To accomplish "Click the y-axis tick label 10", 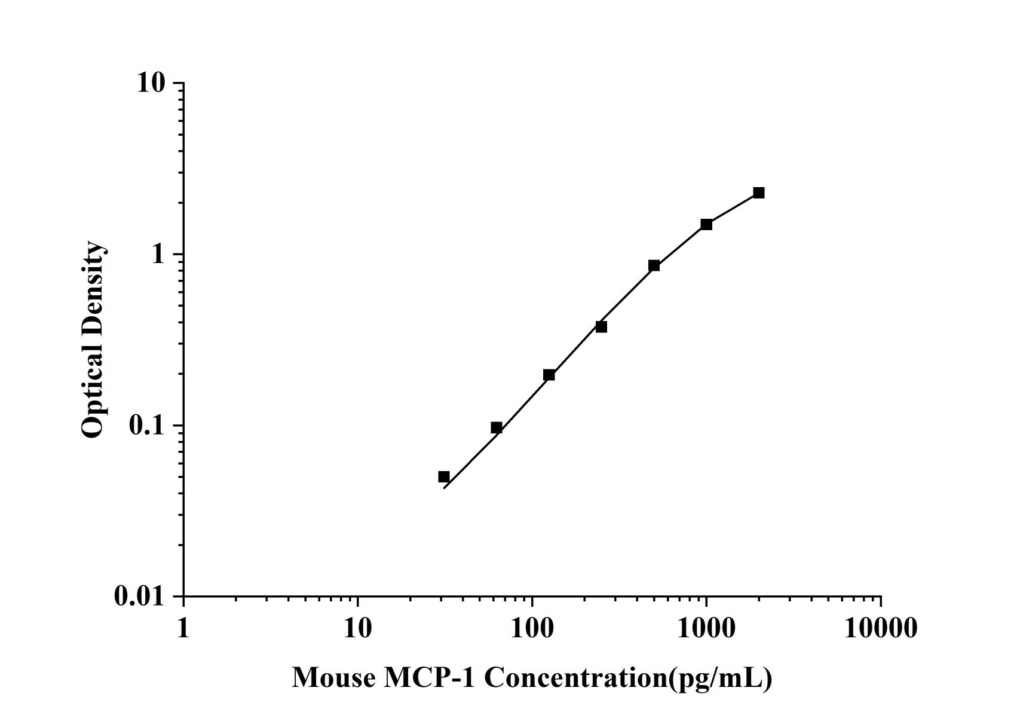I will tap(150, 83).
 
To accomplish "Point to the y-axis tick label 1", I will tap(158, 255).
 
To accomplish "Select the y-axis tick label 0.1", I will tap(146, 426).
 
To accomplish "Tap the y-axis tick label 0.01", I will tap(139, 597).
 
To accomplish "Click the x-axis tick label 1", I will tap(183, 628).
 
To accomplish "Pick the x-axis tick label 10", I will tap(357, 628).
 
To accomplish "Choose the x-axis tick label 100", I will tap(532, 628).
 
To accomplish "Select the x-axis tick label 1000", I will tap(706, 628).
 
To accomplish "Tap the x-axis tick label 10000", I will tap(880, 628).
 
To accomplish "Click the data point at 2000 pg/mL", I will tap(759, 192).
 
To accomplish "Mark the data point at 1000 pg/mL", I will tap(706, 224).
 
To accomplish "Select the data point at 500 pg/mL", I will tap(654, 265).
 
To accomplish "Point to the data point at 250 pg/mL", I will tap(601, 326).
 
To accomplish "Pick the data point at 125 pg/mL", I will tap(549, 375).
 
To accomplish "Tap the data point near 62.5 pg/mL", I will tap(497, 427).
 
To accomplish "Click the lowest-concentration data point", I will tap(443, 476).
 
